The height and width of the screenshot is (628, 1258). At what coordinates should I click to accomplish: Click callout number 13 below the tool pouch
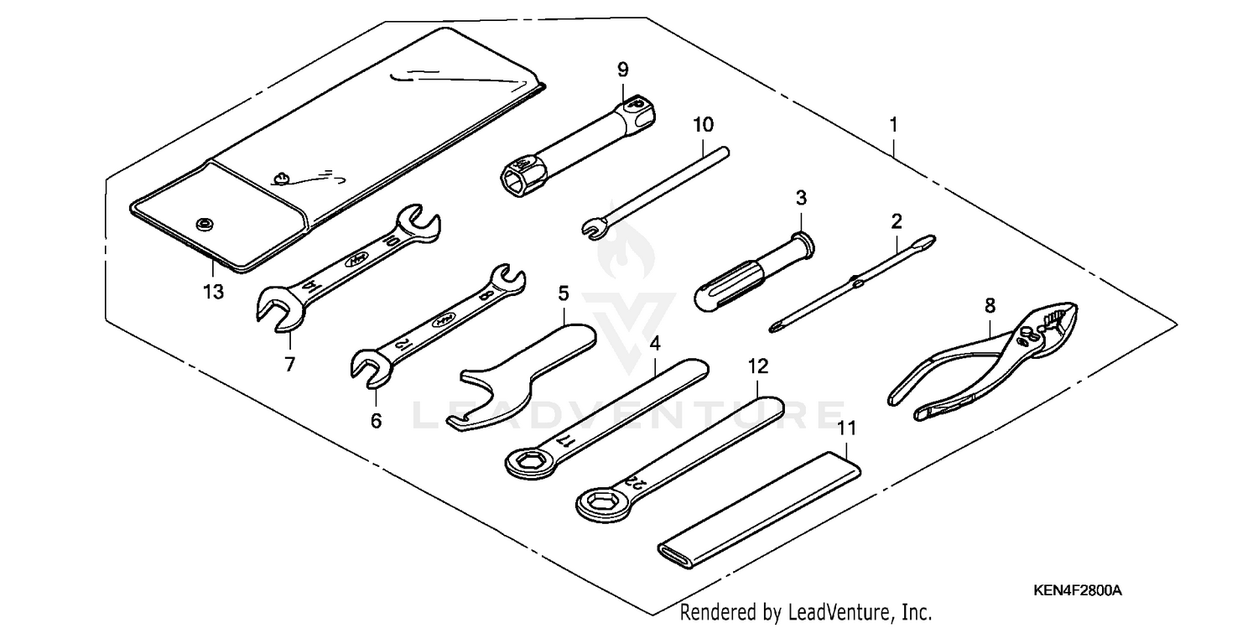tap(213, 293)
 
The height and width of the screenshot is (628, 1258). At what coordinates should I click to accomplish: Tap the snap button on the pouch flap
tap(202, 224)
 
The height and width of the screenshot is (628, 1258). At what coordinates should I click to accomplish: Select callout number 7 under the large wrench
tap(289, 365)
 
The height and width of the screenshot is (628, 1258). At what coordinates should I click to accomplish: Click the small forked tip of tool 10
tap(590, 227)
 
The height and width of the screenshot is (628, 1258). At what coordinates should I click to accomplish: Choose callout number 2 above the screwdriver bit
tap(897, 221)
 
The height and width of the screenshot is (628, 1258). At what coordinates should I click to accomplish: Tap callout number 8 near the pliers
tap(990, 305)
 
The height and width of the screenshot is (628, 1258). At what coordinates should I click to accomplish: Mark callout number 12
tap(757, 366)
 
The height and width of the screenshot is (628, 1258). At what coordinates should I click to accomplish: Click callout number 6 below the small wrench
tap(376, 421)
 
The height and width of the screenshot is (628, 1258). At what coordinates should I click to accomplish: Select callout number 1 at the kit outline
tap(893, 125)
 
